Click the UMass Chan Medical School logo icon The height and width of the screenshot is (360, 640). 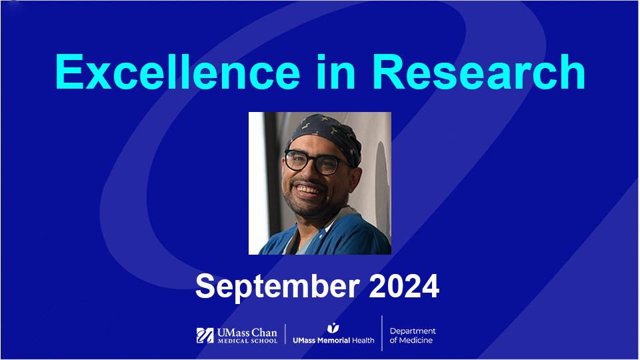point(205,335)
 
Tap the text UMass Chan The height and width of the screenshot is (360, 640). point(246,332)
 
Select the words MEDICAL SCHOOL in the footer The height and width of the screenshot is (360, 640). point(246,341)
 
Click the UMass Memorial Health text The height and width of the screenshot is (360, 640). point(333,340)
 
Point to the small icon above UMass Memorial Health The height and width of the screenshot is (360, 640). point(333,328)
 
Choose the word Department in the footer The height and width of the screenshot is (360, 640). point(413,331)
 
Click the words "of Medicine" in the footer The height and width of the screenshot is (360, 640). point(411,341)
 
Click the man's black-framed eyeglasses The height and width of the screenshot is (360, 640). point(311,161)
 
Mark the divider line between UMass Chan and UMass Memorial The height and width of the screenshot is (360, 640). point(285,335)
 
